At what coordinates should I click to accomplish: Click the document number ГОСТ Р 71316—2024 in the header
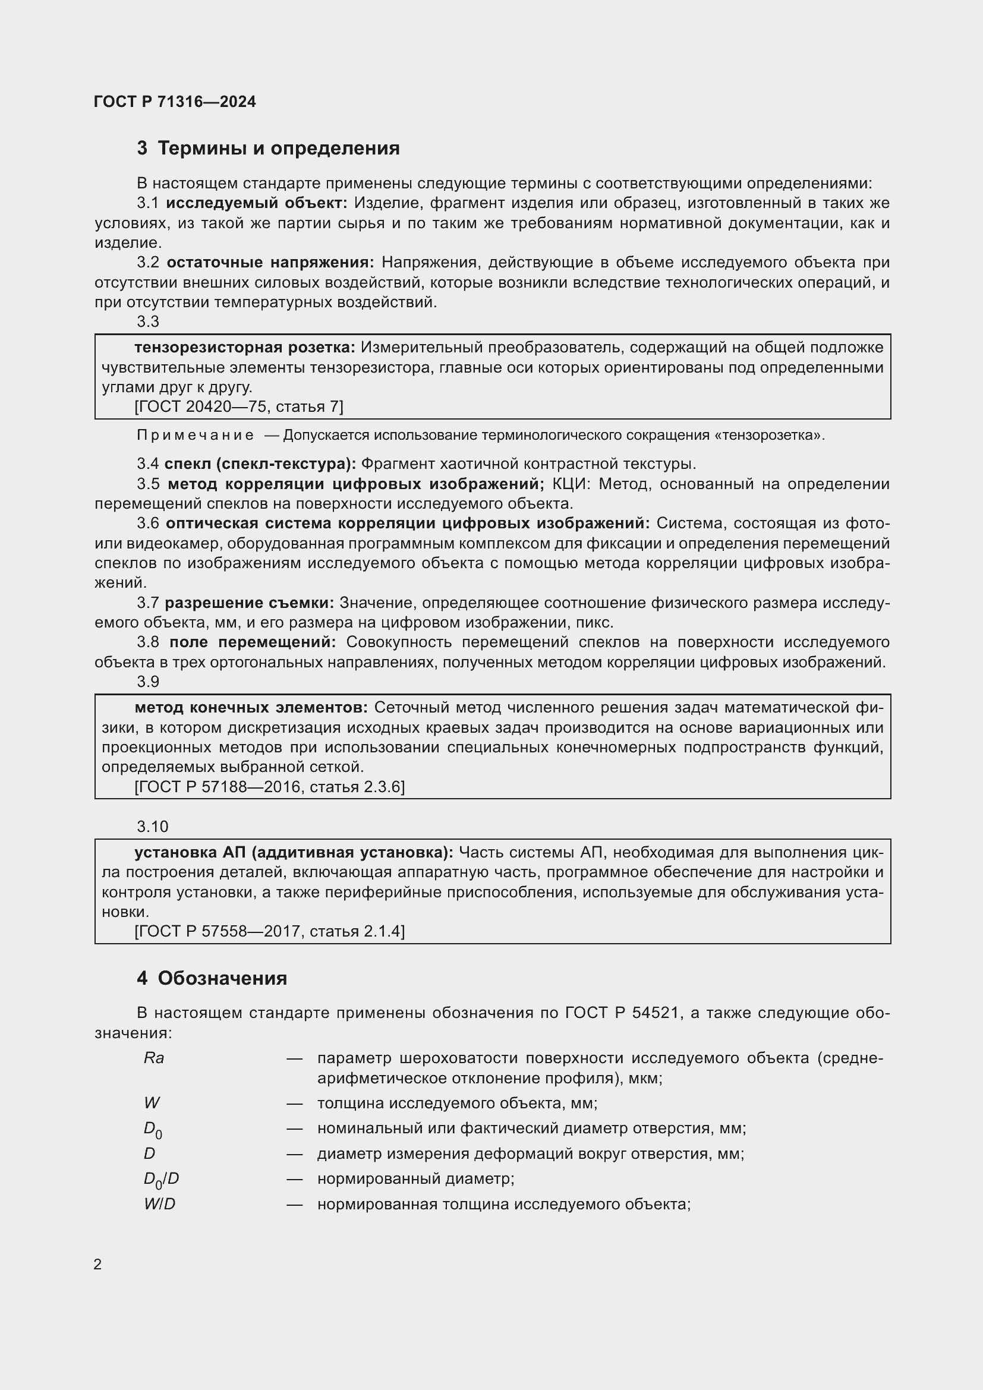pos(175,102)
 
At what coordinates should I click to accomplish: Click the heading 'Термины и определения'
pos(278,149)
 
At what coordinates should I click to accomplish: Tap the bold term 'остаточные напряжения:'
pos(270,262)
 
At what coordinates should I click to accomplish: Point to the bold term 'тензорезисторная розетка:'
pos(244,347)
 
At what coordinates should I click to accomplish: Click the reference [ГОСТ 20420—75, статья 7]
pos(238,406)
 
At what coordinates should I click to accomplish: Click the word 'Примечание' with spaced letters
pos(195,435)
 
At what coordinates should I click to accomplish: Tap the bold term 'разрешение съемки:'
pos(249,603)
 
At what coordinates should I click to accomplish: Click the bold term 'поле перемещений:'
pos(253,642)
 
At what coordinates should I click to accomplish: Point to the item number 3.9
pos(148,682)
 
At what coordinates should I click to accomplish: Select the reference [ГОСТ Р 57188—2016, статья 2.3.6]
pos(269,786)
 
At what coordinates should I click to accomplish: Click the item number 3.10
pos(152,827)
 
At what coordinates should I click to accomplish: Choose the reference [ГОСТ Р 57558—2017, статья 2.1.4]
pos(269,931)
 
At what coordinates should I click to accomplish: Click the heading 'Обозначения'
pos(222,978)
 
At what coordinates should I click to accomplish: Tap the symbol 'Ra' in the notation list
pos(154,1058)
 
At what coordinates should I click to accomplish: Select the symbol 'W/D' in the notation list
pos(159,1203)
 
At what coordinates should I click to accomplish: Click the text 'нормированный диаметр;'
pos(415,1178)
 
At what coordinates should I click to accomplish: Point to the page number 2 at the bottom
pos(97,1264)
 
